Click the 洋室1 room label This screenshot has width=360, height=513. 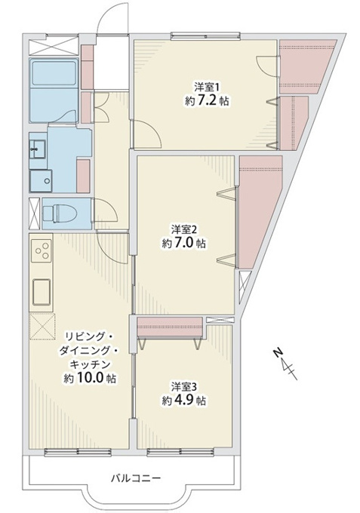click(207, 88)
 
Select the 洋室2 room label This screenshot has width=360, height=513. click(183, 229)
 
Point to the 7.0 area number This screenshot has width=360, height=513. click(183, 243)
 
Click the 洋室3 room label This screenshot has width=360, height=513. click(183, 387)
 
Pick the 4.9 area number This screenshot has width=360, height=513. click(183, 401)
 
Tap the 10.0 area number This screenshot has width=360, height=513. click(91, 378)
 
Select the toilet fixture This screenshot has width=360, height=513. click(60, 213)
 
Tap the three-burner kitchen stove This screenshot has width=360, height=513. click(42, 250)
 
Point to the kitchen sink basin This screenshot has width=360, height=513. click(42, 292)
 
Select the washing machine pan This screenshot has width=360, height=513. click(41, 180)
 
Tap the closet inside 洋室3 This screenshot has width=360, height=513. click(170, 326)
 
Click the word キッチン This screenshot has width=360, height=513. click(91, 364)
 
